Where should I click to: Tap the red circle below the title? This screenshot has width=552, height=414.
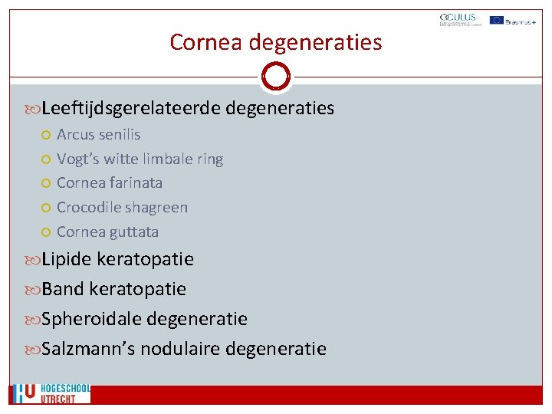[x=275, y=76]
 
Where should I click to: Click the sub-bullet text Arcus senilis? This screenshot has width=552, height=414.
[x=98, y=135]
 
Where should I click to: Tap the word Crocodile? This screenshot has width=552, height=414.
[x=88, y=208]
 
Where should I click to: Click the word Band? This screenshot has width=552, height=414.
[x=62, y=289]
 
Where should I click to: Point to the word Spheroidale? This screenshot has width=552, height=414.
[x=90, y=319]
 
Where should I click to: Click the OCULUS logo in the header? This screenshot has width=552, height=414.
[x=458, y=21]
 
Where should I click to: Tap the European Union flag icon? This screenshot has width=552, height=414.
[x=496, y=20]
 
